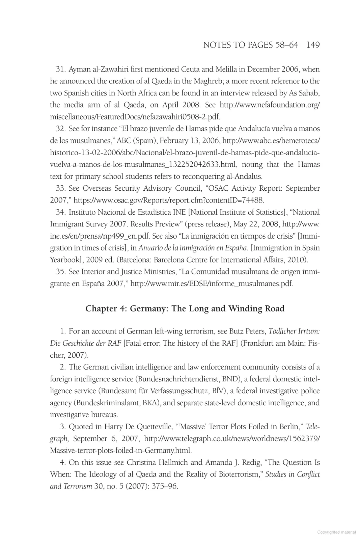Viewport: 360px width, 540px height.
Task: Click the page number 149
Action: click(313, 45)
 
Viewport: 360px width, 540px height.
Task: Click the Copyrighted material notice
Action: click(336, 532)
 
